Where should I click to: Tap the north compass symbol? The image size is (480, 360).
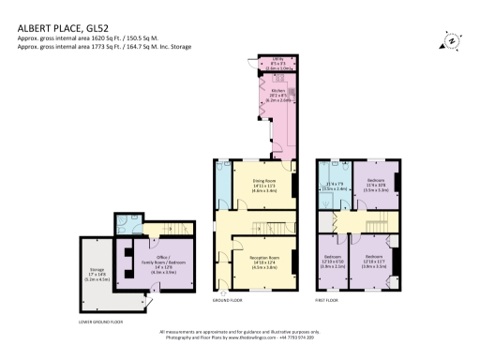(451, 40)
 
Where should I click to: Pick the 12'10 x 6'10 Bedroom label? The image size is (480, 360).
(333, 260)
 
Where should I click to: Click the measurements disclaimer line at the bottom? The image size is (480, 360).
(239, 332)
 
